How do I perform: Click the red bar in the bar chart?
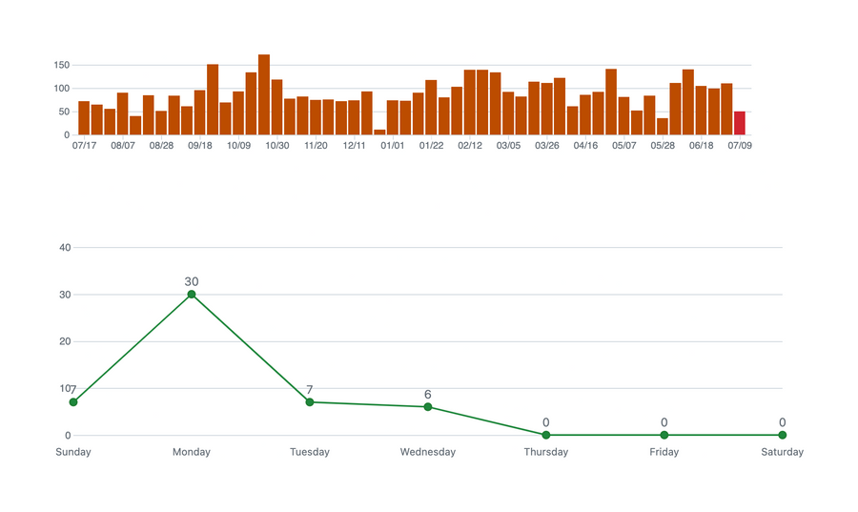tap(740, 123)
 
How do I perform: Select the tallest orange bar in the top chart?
tap(264, 94)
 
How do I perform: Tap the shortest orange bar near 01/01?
tap(379, 132)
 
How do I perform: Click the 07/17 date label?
tap(84, 146)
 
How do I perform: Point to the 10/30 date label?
tap(276, 146)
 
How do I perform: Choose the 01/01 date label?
tap(393, 146)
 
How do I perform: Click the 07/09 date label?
tap(740, 146)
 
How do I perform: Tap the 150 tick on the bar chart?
tap(62, 65)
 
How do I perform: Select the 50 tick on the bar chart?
tap(65, 112)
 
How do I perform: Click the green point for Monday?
tap(192, 294)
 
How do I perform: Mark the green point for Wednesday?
tap(428, 407)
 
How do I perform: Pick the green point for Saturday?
tap(782, 435)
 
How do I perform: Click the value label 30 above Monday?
tap(192, 281)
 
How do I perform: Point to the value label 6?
tap(428, 395)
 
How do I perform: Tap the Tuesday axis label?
tap(310, 452)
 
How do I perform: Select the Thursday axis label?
tap(546, 452)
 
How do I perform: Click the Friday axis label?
tap(664, 452)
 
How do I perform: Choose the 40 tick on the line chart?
tap(65, 248)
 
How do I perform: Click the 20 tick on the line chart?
tap(65, 341)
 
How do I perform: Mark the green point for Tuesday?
tap(310, 402)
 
